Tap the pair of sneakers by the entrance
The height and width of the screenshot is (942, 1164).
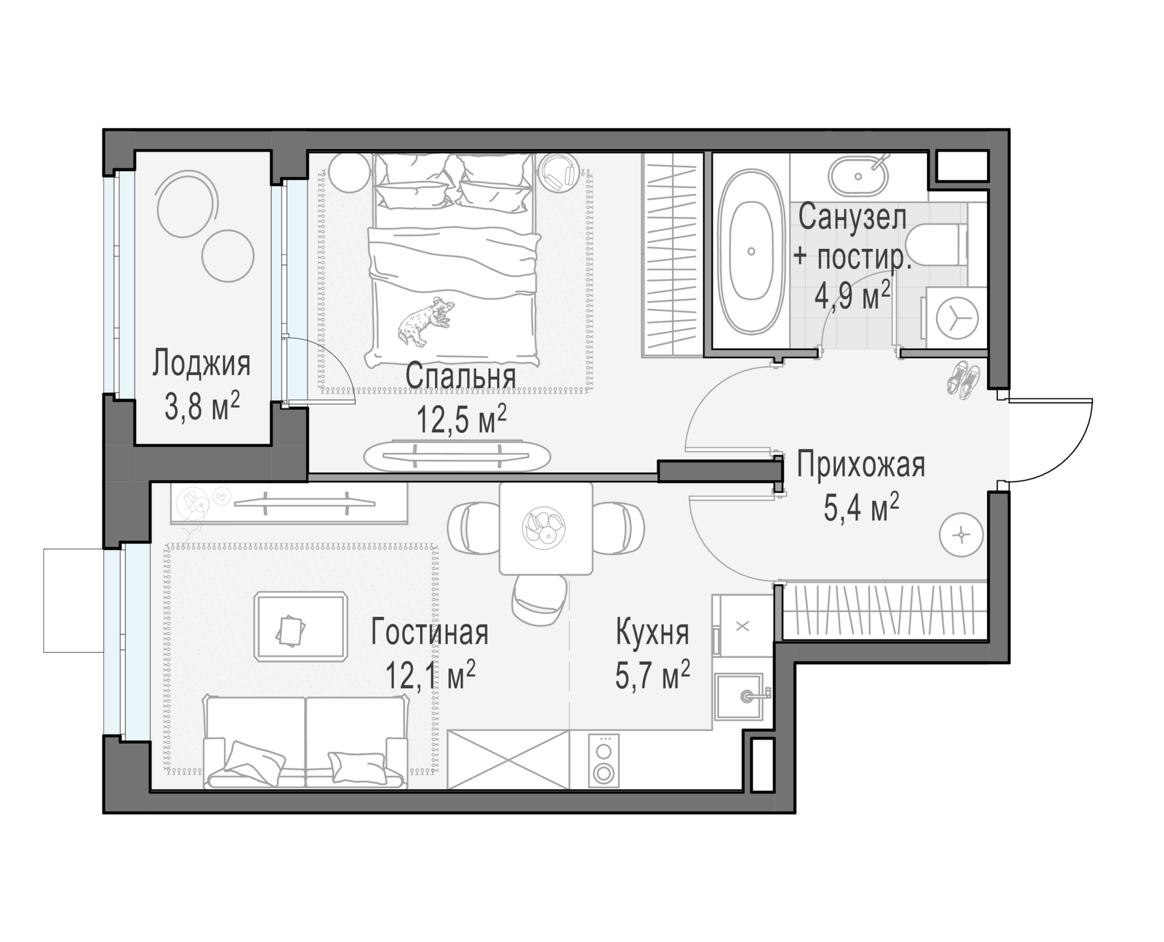(x=964, y=379)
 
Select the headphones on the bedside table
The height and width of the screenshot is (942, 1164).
(x=558, y=172)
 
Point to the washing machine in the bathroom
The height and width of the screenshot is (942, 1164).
(x=956, y=318)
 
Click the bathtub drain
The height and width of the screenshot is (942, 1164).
(x=751, y=251)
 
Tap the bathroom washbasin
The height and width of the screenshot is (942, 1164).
(x=858, y=176)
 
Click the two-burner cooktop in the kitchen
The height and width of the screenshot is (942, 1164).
(x=604, y=760)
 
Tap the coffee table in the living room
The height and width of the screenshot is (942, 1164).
(x=300, y=625)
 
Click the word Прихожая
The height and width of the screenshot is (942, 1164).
(x=861, y=465)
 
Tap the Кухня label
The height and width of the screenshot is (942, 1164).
(x=653, y=632)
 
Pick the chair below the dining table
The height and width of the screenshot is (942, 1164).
(x=540, y=600)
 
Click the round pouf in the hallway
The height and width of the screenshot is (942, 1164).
(x=962, y=535)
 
